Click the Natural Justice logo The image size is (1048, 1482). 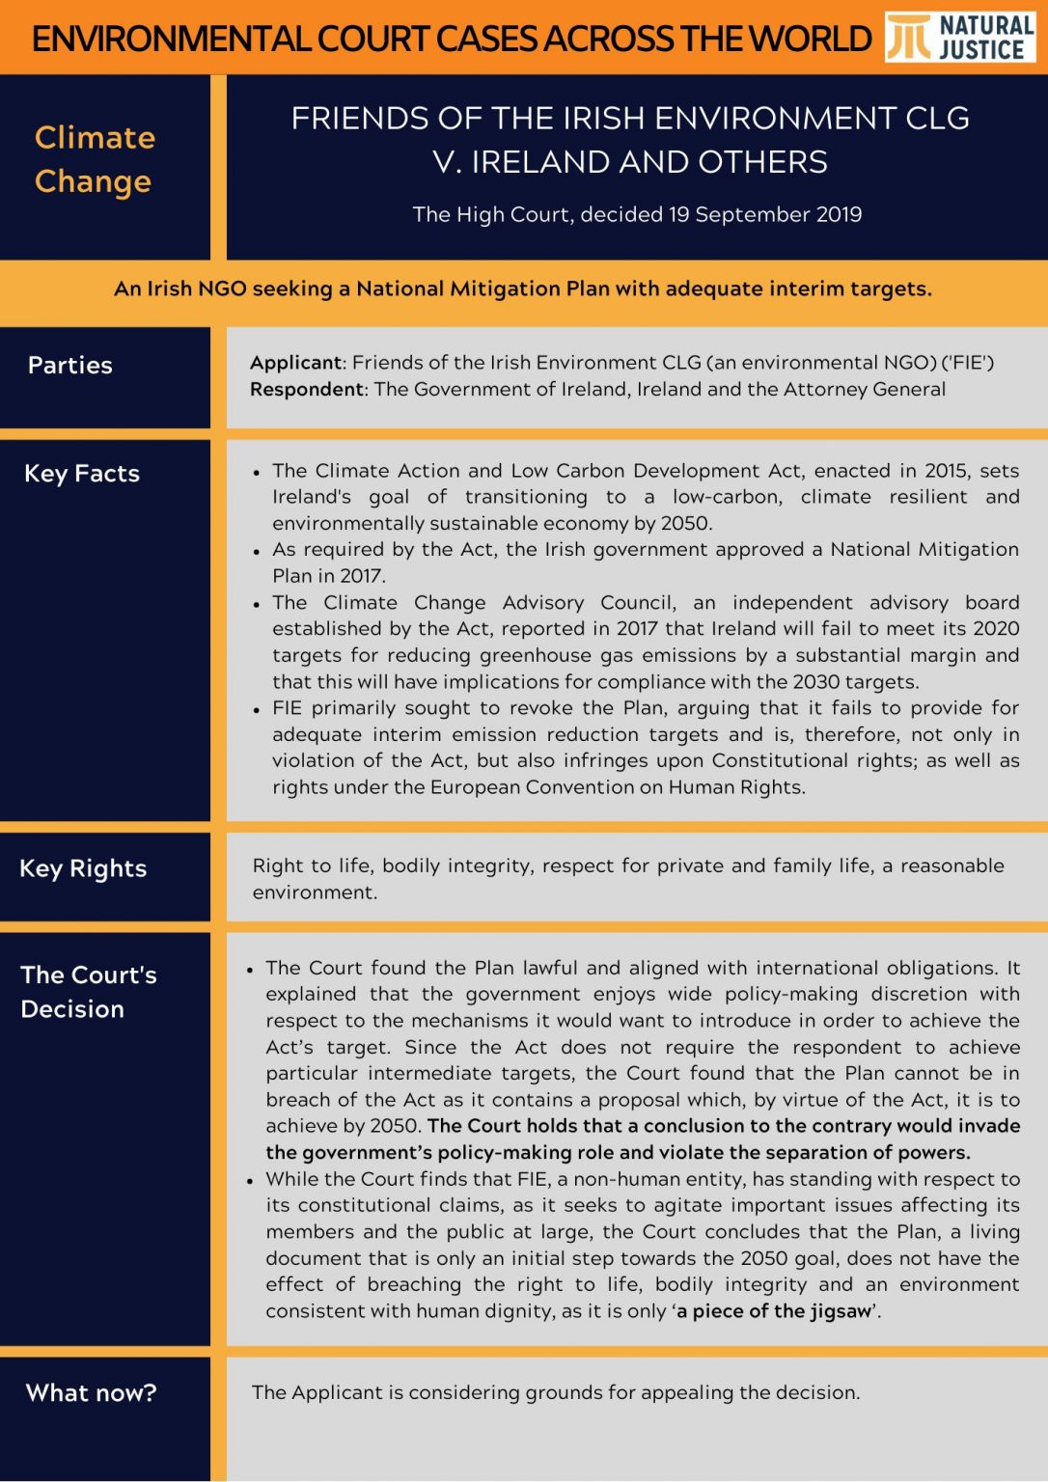point(959,38)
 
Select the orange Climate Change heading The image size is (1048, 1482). point(95,159)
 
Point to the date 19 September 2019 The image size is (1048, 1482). point(764,214)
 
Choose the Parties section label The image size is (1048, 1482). point(70,366)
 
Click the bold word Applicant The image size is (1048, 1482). point(295,363)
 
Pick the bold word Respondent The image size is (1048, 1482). point(307,389)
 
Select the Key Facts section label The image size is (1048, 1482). point(82,474)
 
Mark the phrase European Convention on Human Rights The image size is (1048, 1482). point(616,787)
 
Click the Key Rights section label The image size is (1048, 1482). point(83,868)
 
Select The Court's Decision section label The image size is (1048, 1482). point(87,992)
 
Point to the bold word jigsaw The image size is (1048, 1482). point(840,1311)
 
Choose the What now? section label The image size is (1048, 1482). point(91,1393)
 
